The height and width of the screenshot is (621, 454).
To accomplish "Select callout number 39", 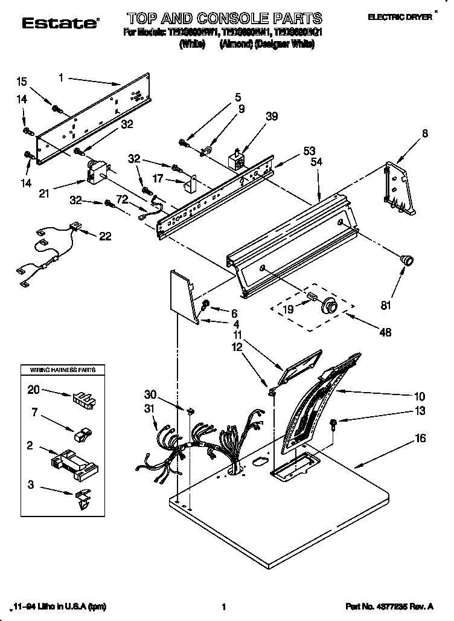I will (272, 117).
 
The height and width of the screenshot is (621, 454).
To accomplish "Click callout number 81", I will (385, 306).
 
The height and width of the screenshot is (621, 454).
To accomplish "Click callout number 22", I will (105, 236).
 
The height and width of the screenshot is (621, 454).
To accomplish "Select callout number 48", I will (385, 332).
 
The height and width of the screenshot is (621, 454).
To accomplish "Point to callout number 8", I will (425, 134).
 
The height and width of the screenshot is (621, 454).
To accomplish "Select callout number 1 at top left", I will (62, 77).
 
